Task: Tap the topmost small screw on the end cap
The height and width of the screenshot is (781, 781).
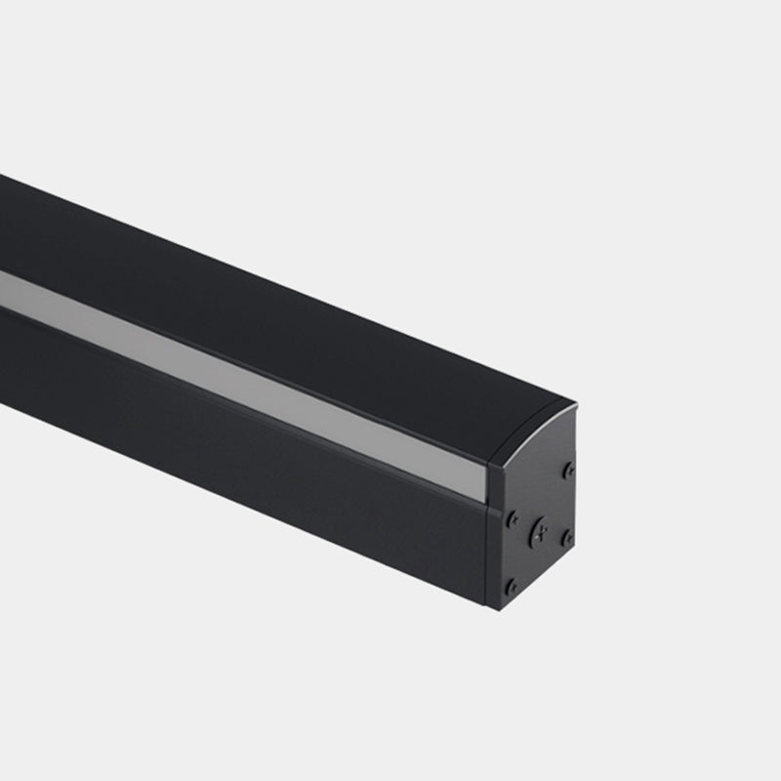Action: [x=568, y=471]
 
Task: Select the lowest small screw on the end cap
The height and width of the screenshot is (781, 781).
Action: [x=511, y=586]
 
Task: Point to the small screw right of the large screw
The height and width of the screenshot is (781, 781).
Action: [x=566, y=537]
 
